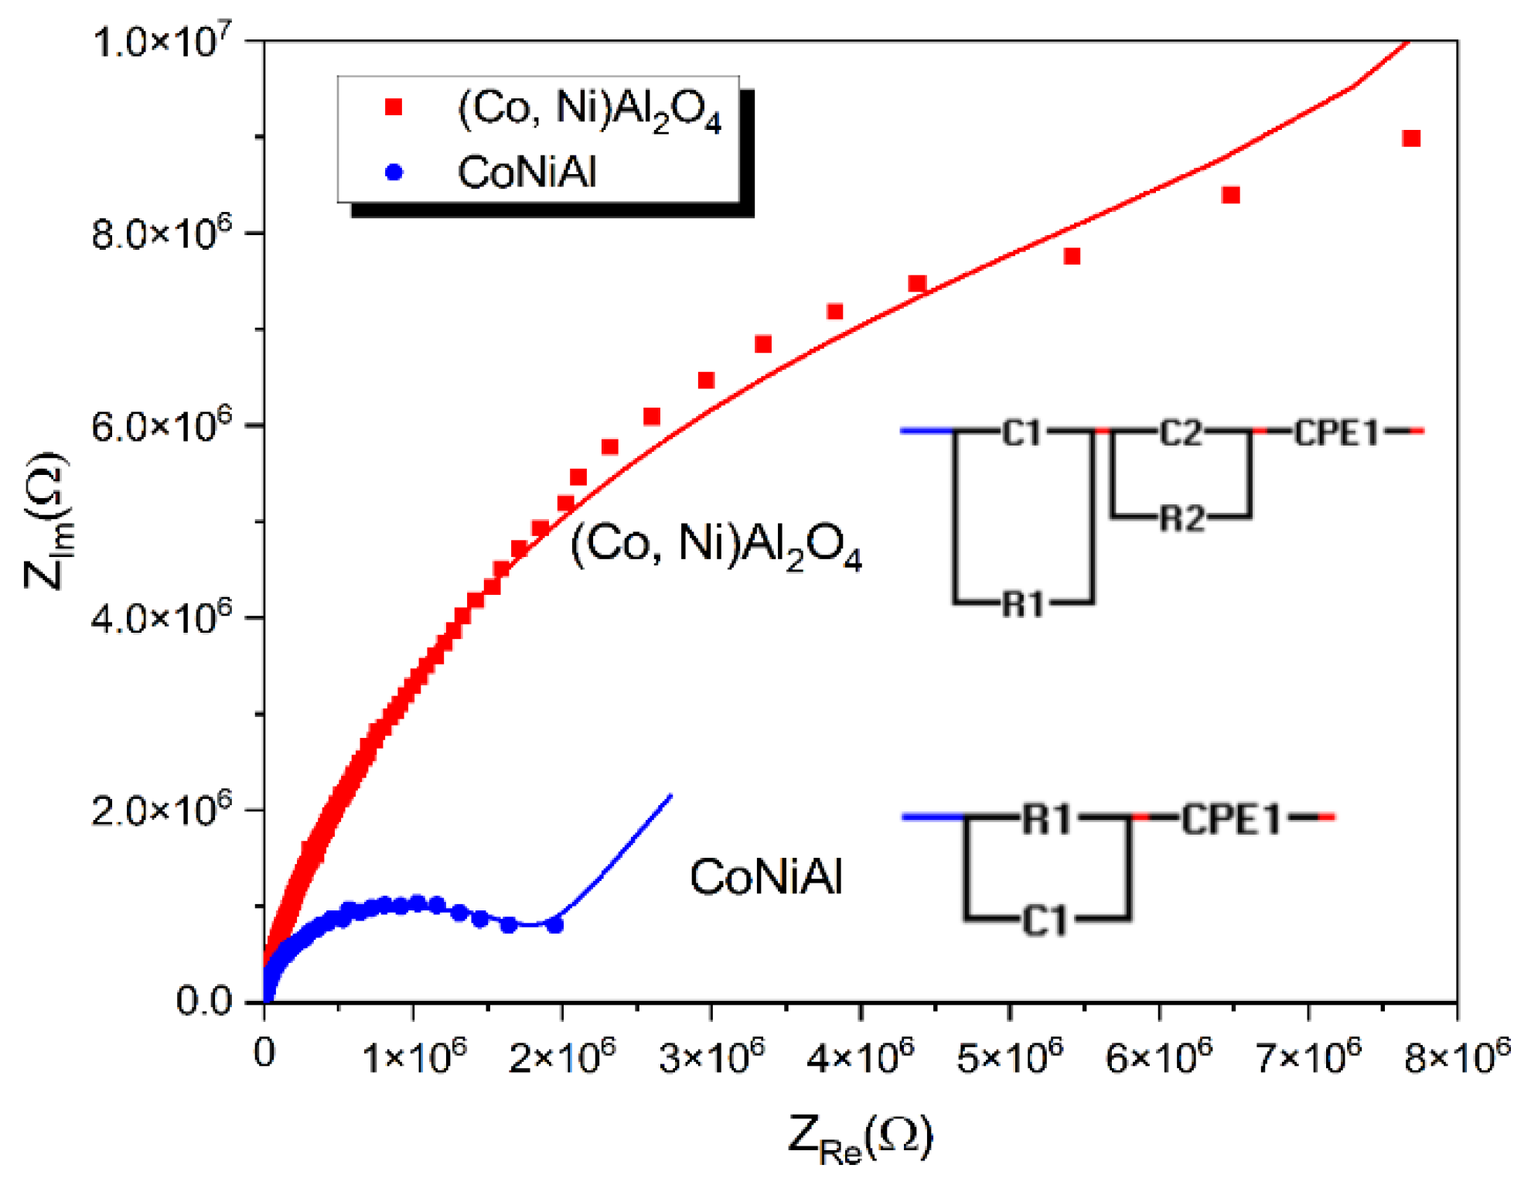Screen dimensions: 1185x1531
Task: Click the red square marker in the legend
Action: click(x=394, y=107)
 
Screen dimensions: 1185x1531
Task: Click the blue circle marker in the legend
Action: click(x=394, y=172)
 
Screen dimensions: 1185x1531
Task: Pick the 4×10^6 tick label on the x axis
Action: click(x=860, y=1056)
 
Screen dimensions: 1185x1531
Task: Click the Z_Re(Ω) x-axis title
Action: click(x=860, y=1137)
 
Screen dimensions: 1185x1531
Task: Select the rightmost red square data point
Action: click(x=1411, y=138)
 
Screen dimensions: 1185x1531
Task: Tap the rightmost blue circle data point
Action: click(x=554, y=924)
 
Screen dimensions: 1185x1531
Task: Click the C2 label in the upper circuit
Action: click(x=1181, y=433)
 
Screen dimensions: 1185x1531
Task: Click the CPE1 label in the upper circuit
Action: click(x=1336, y=433)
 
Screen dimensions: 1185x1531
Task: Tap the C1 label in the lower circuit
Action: click(x=1045, y=921)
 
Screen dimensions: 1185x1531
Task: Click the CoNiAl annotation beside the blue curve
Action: click(x=765, y=877)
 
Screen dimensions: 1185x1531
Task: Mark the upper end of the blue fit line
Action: click(x=670, y=796)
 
